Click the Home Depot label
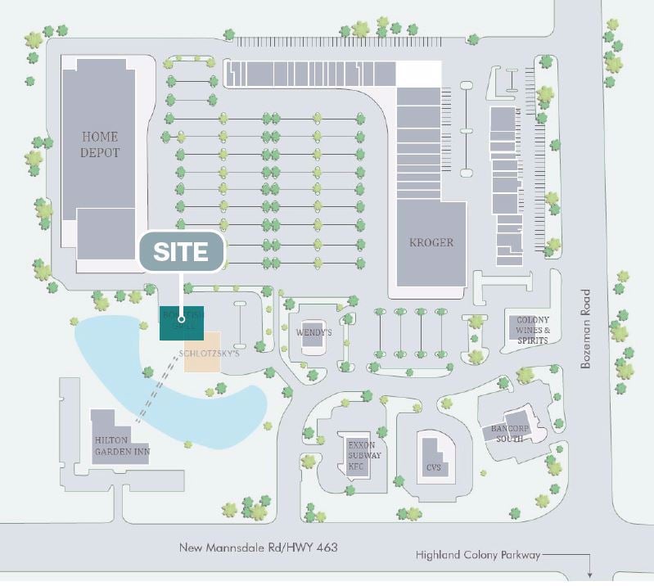[x=100, y=145]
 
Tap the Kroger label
[x=431, y=242]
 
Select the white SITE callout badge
[x=182, y=252]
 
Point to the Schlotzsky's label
[x=209, y=357]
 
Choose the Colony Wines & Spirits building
[x=532, y=330]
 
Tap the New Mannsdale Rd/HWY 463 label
[x=258, y=547]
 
